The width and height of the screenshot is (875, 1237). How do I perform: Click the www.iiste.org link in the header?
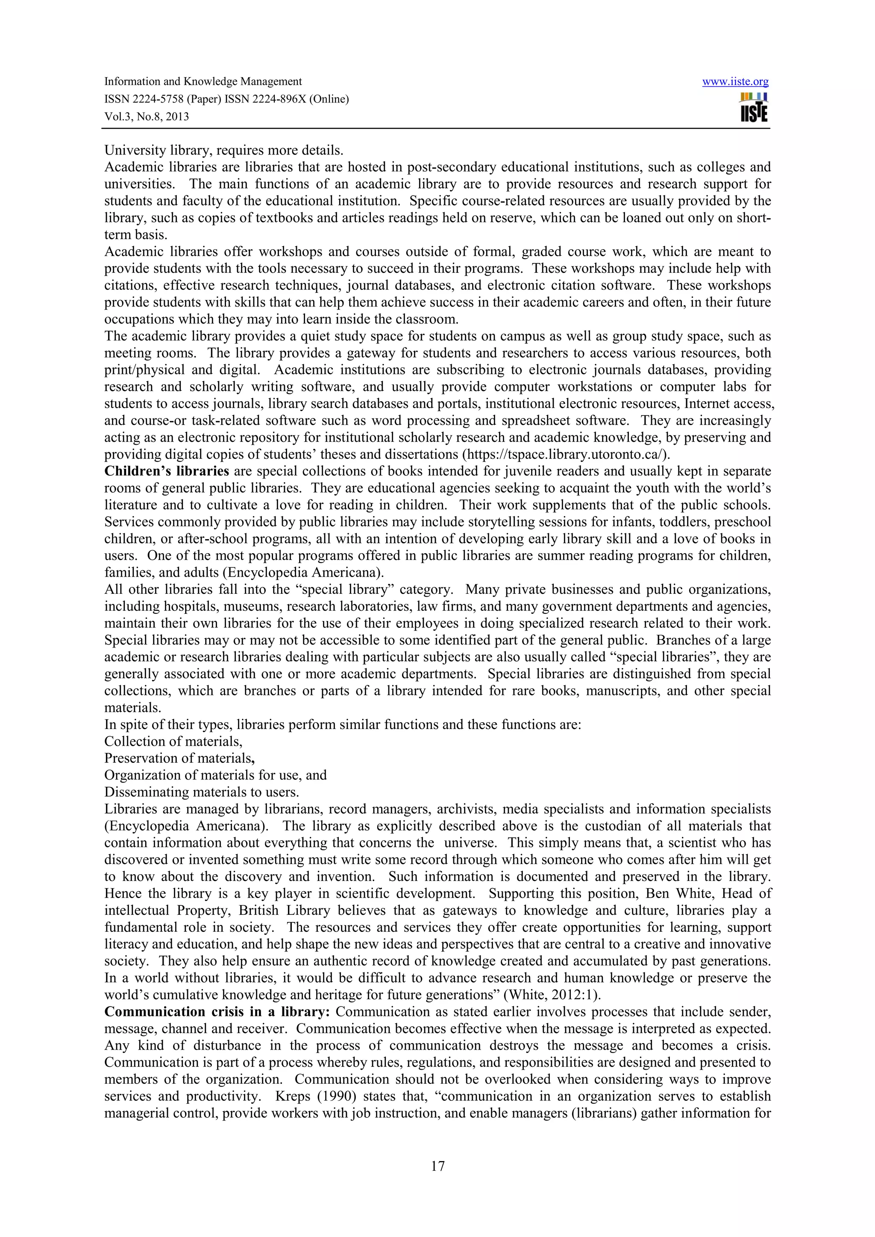735,82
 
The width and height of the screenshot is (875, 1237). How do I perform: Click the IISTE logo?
754,108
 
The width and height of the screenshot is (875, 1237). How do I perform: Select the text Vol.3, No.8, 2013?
146,117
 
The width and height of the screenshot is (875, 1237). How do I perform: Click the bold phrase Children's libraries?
167,471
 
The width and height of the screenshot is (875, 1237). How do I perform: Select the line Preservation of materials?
179,759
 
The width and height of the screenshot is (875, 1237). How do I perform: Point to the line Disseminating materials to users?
202,792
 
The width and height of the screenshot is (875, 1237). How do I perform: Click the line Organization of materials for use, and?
215,775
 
